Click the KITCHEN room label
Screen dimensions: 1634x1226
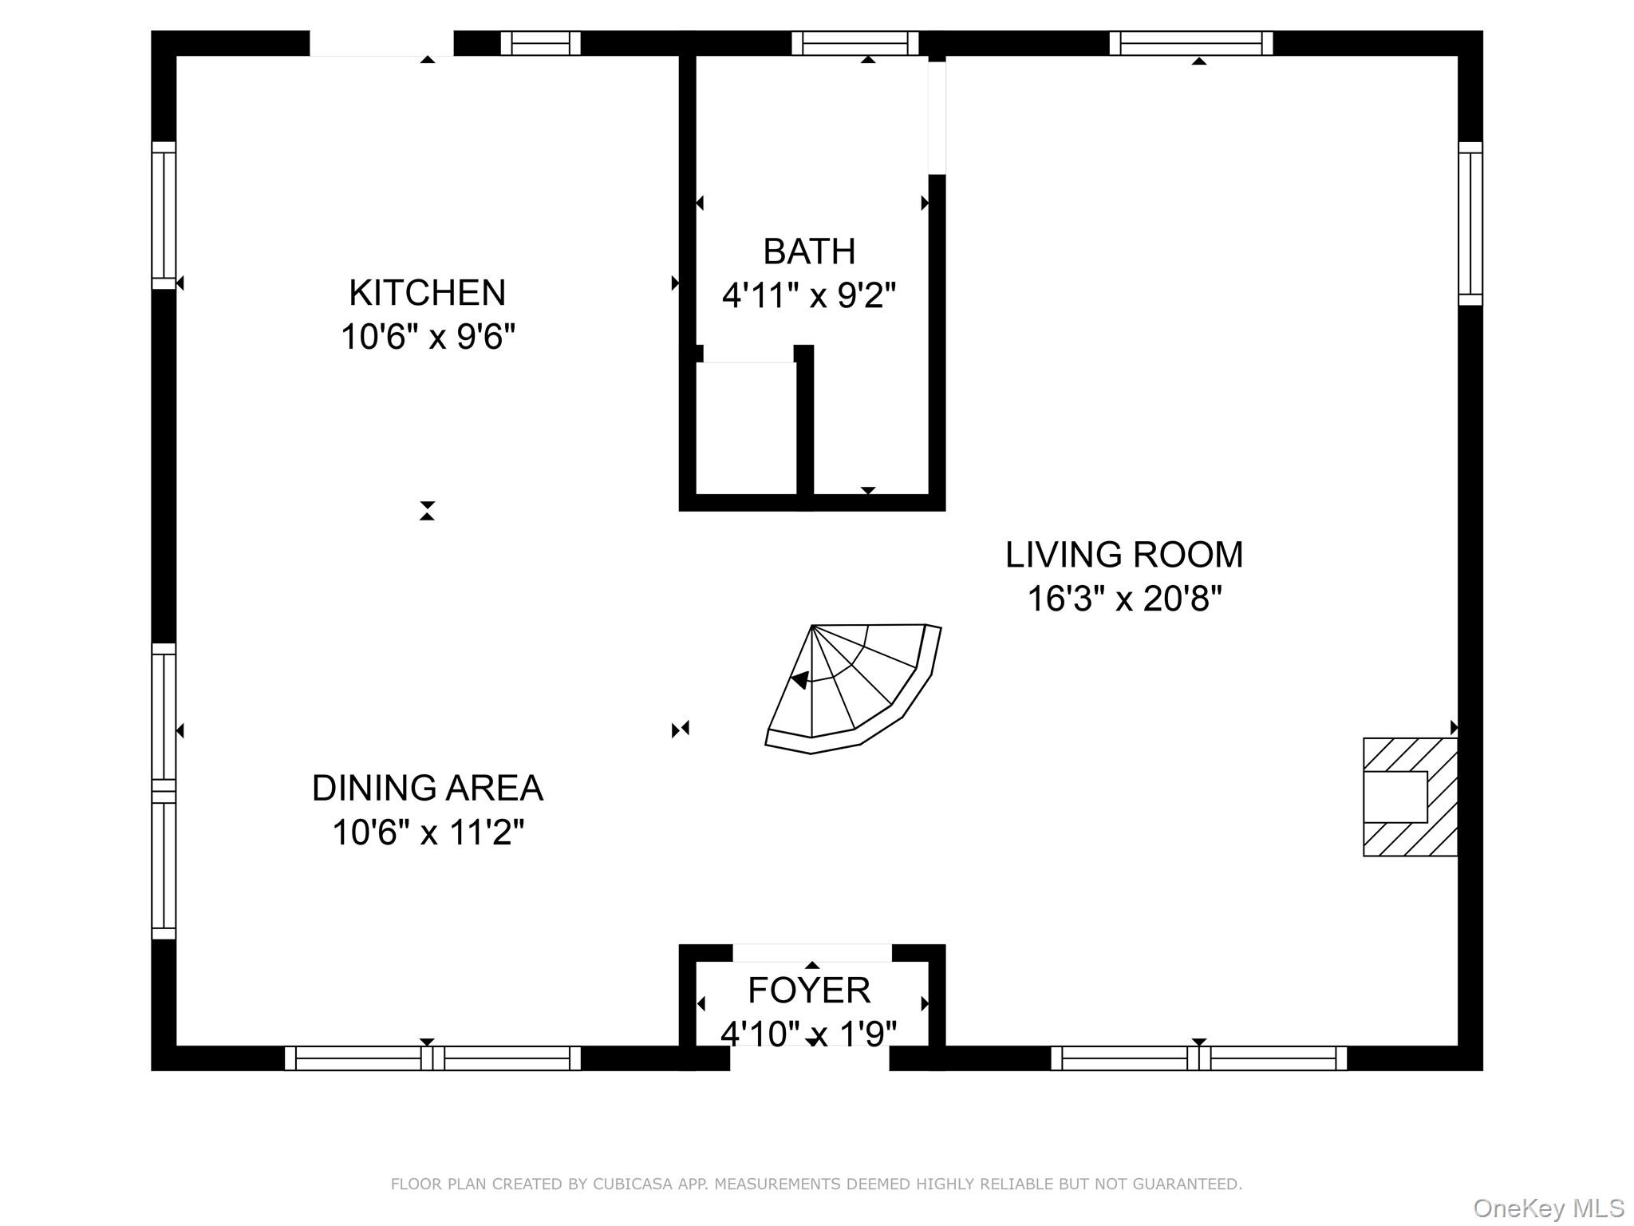pos(427,293)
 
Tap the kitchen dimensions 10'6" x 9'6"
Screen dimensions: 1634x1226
pos(428,337)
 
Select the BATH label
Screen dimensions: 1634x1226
pos(809,251)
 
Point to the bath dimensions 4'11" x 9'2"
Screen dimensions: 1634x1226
pos(809,295)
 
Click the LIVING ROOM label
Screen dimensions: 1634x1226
pos(1123,555)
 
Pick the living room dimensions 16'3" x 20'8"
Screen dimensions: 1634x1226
pos(1124,599)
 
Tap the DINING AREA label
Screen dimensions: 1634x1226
pos(427,788)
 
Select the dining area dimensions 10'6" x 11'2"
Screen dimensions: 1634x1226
pos(428,832)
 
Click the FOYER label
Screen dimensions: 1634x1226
pos(809,991)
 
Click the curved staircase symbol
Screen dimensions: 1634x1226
pos(854,689)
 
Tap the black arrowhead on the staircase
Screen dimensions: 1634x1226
pos(800,680)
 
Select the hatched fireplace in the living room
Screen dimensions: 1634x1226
pos(1411,797)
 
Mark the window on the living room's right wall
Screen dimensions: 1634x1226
pos(1470,223)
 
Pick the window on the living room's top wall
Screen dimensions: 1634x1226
pos(1190,43)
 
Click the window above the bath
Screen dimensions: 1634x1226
pos(855,43)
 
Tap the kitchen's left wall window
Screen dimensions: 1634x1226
pos(164,216)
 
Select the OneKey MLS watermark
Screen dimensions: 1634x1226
pos(1549,1208)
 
